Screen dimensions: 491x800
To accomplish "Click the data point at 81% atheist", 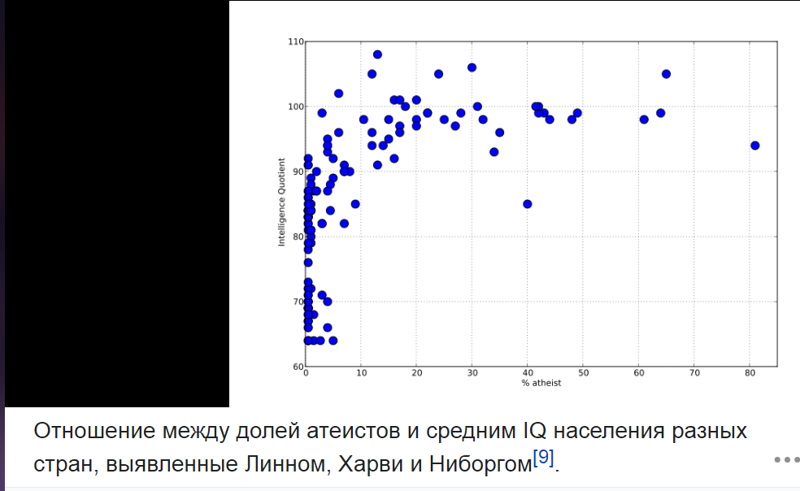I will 755,146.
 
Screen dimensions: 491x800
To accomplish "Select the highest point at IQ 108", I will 377,54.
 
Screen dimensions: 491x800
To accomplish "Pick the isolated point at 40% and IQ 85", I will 528,204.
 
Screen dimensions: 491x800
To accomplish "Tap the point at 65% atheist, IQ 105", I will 666,74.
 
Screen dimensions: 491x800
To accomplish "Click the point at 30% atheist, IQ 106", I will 472,67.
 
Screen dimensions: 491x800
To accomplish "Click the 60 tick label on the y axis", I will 298,367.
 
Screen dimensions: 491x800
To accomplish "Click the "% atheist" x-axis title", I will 541,384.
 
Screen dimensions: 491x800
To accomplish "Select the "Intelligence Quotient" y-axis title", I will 281,203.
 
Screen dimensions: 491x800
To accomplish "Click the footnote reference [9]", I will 544,458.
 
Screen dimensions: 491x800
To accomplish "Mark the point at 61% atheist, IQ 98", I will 644,119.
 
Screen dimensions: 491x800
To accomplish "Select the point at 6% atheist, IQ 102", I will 338,93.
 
